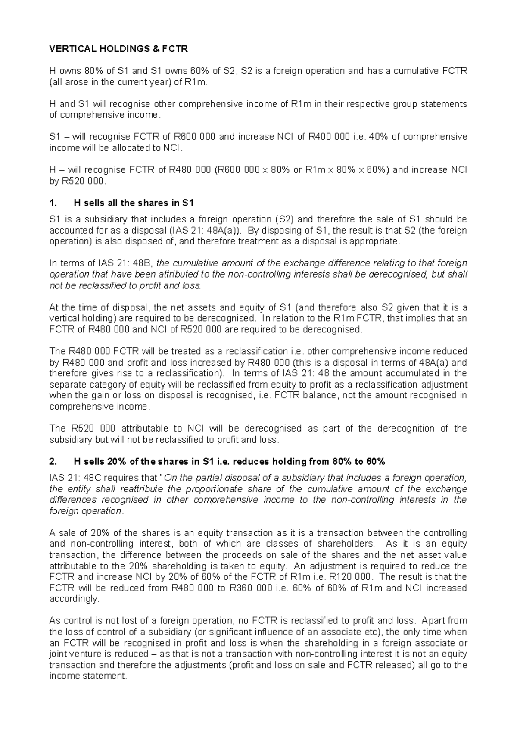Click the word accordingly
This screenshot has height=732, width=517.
click(74, 599)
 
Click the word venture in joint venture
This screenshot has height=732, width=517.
click(85, 654)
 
